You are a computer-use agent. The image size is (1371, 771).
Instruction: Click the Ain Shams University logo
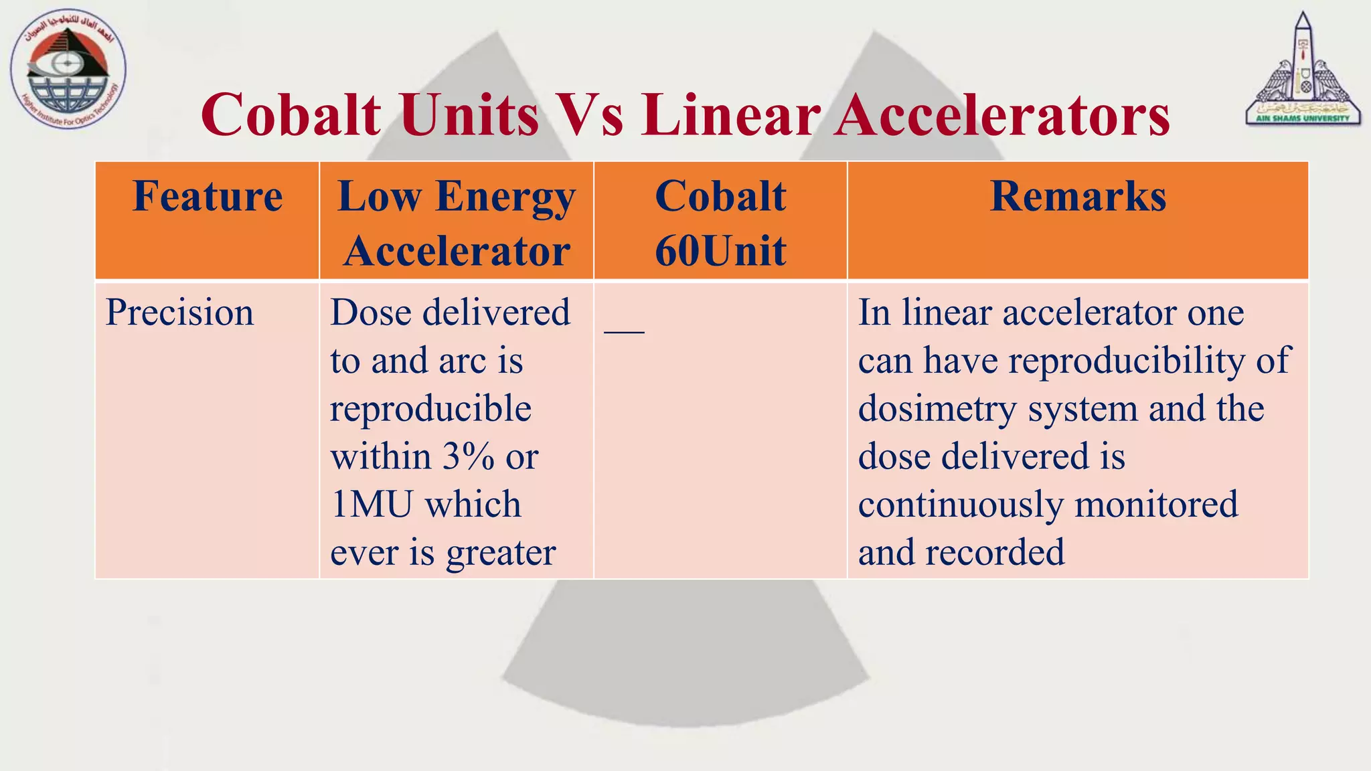click(1303, 70)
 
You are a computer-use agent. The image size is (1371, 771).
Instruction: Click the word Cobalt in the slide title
click(291, 114)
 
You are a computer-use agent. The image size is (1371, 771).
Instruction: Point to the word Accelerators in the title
click(1001, 114)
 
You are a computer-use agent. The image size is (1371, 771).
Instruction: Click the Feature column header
click(208, 197)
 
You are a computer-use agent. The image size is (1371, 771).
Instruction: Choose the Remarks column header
click(1078, 197)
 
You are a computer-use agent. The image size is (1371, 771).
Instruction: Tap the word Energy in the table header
click(505, 198)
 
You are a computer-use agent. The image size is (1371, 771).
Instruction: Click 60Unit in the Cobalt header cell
click(720, 251)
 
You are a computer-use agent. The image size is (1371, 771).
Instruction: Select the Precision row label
click(179, 313)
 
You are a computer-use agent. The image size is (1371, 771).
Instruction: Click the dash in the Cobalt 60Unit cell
click(624, 331)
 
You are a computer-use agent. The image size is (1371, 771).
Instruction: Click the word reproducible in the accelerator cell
click(430, 409)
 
